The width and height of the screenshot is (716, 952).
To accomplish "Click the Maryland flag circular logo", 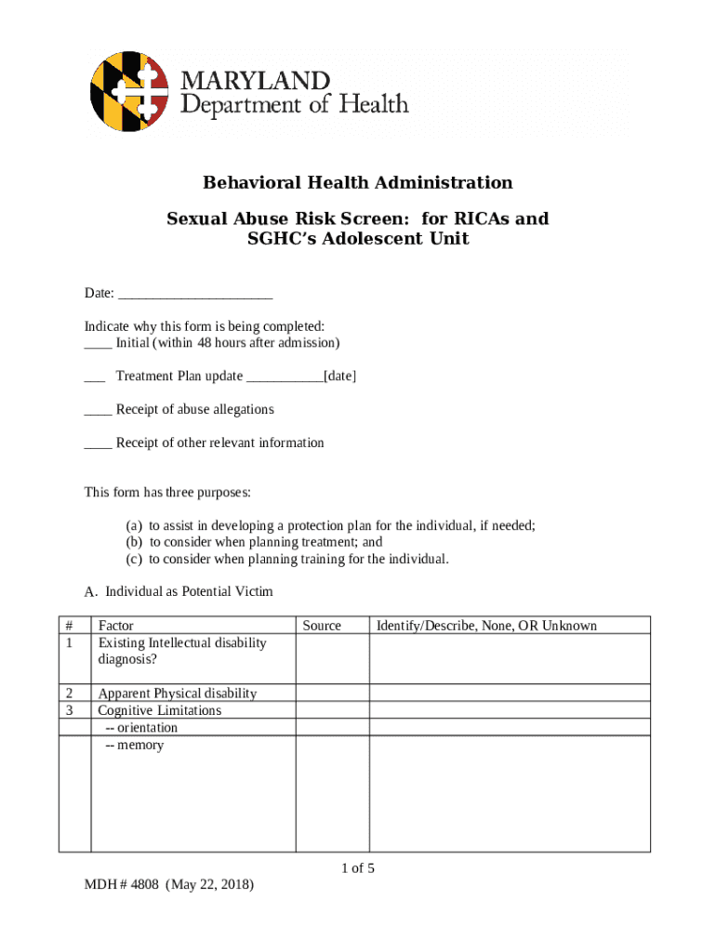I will [129, 91].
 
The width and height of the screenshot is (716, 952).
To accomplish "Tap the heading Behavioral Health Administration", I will [358, 182].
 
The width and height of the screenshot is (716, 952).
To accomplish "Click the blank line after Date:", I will [195, 294].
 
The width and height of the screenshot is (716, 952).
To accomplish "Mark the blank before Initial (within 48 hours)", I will [98, 343].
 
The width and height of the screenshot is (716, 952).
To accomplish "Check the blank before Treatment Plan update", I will [94, 377].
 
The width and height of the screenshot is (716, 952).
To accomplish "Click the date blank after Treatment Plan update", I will [285, 377].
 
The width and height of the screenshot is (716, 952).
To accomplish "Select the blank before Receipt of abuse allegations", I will [98, 410].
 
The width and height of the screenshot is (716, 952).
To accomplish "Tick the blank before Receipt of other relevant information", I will [98, 443].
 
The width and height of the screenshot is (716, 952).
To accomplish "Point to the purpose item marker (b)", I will [135, 542].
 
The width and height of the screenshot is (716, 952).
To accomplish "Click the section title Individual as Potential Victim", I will [189, 591].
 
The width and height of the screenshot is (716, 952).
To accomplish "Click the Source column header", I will [321, 626].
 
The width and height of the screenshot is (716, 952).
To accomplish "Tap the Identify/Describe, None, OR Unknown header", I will [486, 626].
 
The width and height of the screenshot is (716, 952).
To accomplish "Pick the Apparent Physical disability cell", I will [178, 694].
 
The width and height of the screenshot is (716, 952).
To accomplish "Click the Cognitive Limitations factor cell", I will [160, 710].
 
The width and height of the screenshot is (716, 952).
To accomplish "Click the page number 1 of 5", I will [358, 868].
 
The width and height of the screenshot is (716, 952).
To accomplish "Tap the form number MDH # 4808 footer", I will [168, 884].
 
